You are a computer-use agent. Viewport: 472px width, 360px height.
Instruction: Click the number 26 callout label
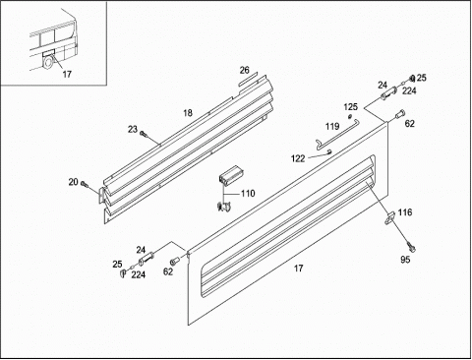pos(244,70)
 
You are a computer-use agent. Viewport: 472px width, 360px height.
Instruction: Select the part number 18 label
pos(188,113)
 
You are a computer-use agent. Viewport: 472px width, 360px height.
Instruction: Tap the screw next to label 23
pos(143,134)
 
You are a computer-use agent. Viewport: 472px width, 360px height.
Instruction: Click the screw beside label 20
pos(84,184)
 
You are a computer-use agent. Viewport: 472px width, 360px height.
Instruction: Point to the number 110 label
pos(248,194)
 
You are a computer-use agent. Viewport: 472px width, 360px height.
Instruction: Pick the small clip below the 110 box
pos(224,207)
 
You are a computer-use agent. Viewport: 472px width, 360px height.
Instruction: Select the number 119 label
pos(332,127)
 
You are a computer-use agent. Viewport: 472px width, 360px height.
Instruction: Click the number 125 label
pos(350,107)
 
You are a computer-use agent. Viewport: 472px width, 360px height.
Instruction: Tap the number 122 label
pos(298,158)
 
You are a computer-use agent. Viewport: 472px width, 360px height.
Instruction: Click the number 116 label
pos(405,212)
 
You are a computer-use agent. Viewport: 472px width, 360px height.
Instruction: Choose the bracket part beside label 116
pos(390,218)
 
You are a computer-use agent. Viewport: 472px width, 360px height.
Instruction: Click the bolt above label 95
pos(411,246)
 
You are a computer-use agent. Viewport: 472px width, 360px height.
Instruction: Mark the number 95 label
pos(405,260)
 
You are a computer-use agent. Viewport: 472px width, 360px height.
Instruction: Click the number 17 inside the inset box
pos(67,75)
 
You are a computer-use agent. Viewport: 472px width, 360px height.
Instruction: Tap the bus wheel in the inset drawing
pos(49,63)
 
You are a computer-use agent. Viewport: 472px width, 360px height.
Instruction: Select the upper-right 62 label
pos(410,124)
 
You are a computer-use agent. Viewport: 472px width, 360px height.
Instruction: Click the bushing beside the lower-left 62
pos(173,261)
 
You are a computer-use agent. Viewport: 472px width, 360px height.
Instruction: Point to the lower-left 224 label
pos(139,274)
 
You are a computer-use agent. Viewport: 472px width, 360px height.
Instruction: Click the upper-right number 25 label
pos(422,78)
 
